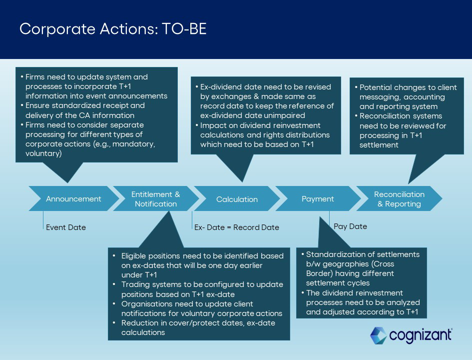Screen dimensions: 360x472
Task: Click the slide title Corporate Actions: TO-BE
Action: [x=113, y=29]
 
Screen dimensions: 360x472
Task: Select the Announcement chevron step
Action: [x=73, y=199]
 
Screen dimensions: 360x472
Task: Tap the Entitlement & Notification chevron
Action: [x=155, y=199]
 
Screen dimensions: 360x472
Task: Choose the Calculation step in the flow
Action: [x=237, y=199]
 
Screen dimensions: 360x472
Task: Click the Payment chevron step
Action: [x=318, y=199]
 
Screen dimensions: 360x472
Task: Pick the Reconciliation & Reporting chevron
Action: [x=399, y=199]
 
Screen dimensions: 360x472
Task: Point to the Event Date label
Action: [x=66, y=227]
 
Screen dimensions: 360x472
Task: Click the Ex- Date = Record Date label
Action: [x=236, y=227]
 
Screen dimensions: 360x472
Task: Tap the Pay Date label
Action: [x=350, y=226]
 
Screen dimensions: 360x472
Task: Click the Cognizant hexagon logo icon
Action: [x=378, y=335]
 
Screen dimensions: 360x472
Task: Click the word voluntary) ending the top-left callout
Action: [x=43, y=153]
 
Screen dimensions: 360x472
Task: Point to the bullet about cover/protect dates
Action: [x=198, y=327]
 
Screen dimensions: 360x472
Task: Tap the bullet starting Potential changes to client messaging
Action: [x=408, y=96]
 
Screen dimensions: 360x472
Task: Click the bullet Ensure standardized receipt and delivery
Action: [x=85, y=110]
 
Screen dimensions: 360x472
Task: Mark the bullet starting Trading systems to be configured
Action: [x=202, y=289]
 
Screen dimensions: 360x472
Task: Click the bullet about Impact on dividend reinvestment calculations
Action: [x=265, y=135]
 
